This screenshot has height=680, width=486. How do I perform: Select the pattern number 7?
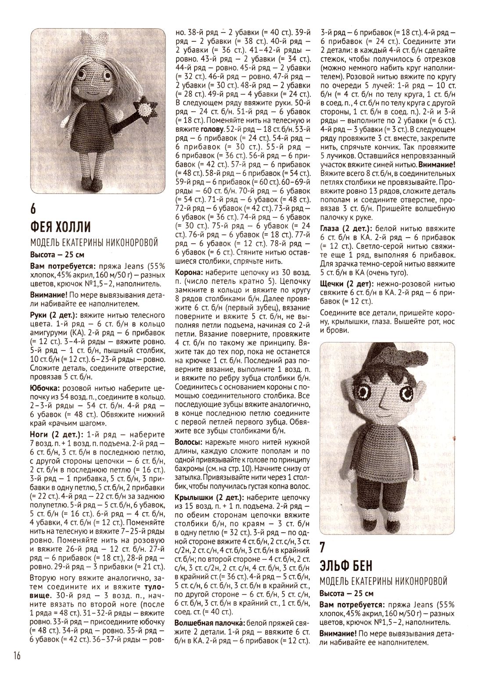(x=323, y=548)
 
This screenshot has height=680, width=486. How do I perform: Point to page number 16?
(x=17, y=656)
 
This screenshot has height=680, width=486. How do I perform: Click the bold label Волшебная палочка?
(x=209, y=623)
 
